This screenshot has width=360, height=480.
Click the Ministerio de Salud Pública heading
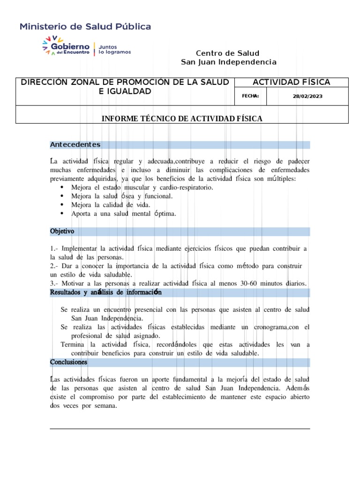coord(85,27)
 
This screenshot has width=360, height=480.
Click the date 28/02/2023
coord(307,96)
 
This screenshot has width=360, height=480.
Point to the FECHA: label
coord(250,96)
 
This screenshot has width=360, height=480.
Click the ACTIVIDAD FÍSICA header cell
coord(291,82)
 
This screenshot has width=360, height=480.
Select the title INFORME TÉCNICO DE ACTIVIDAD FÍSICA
coord(182,119)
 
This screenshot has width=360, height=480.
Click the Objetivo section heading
coord(62,232)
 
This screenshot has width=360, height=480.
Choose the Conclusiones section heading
coord(68,362)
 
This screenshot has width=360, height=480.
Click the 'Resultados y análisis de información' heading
coord(106,293)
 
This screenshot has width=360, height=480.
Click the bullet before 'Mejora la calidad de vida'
coord(62,205)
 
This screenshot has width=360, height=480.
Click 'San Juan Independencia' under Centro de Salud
coord(228,62)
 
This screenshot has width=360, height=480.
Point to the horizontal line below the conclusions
coord(180,428)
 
